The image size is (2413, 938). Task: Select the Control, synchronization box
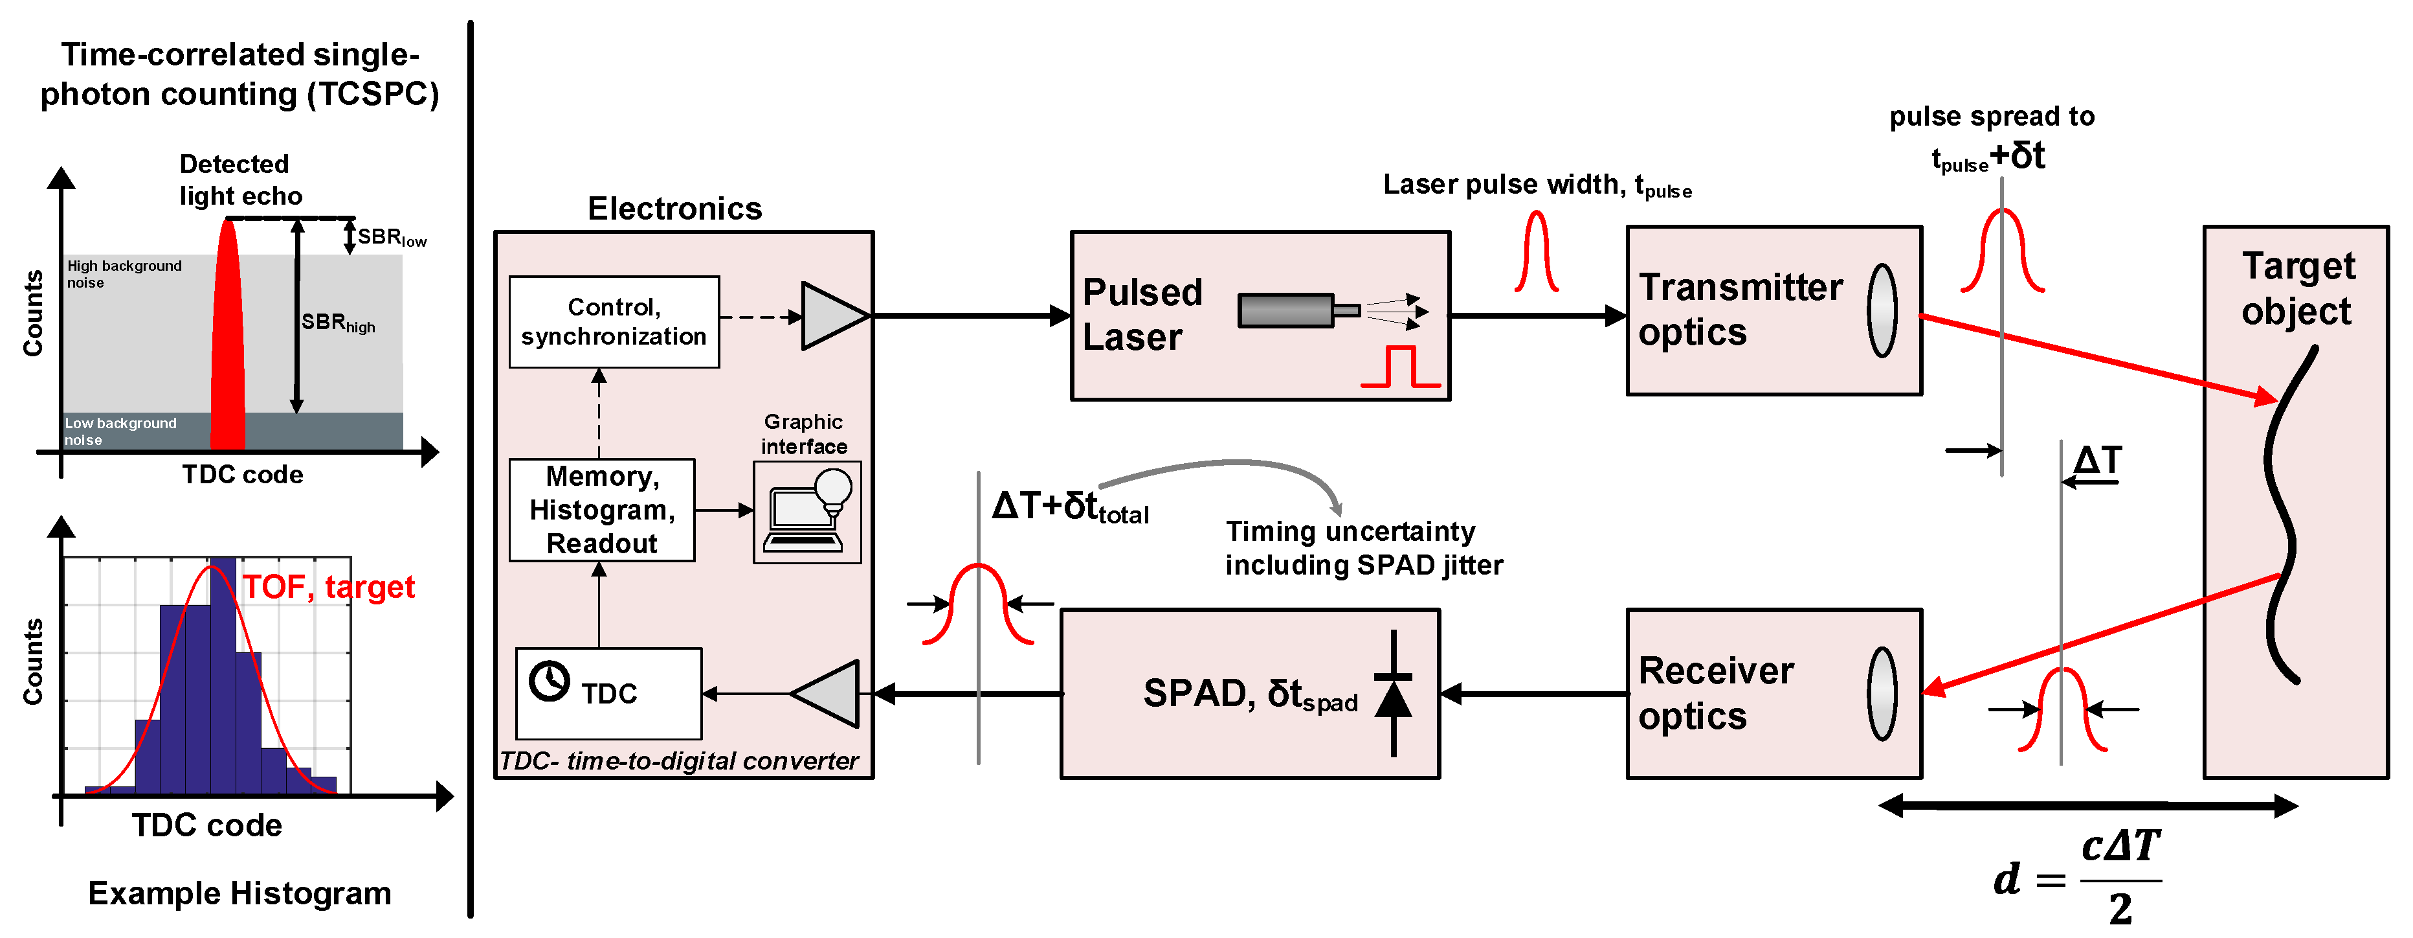[614, 321]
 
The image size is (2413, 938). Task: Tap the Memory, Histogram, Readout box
[601, 510]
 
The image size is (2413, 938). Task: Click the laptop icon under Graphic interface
[806, 516]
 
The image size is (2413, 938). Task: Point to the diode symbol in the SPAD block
[1393, 693]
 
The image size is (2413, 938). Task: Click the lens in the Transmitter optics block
[1881, 310]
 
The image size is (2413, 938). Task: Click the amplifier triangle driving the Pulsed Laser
[831, 317]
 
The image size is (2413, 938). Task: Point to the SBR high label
[337, 323]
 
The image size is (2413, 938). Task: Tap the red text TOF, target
[328, 588]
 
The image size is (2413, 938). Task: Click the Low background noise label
[119, 431]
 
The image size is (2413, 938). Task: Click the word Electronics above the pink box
[674, 208]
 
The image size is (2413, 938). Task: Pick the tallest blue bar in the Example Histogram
[223, 675]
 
